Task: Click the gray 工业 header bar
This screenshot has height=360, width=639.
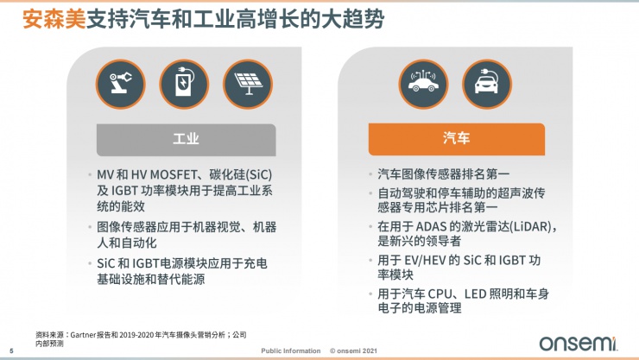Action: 186,138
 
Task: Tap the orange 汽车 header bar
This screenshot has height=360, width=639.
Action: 457,138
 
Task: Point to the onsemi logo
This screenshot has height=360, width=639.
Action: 577,343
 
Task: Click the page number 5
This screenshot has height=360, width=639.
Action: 11,351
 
